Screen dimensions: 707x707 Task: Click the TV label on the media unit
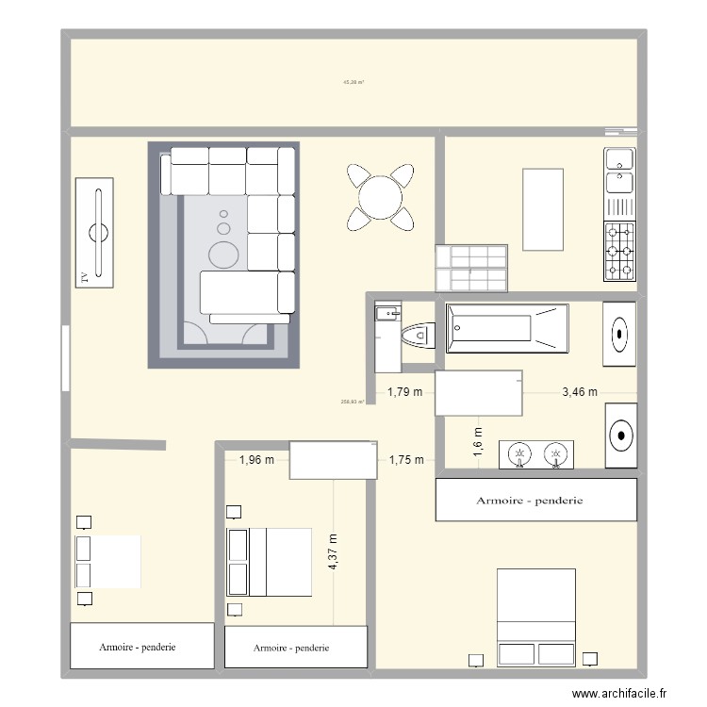84,276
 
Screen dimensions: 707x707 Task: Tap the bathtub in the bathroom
507,328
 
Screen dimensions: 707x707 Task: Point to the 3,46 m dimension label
579,392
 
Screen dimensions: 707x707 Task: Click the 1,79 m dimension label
405,392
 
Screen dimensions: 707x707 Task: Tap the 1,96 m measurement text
256,460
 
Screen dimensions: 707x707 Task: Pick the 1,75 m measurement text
405,460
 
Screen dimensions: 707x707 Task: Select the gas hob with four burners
619,251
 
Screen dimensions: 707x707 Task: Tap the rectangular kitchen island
543,209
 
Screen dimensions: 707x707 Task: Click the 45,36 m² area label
353,83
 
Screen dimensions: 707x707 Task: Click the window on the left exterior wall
65,357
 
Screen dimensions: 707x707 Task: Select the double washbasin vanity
536,455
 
